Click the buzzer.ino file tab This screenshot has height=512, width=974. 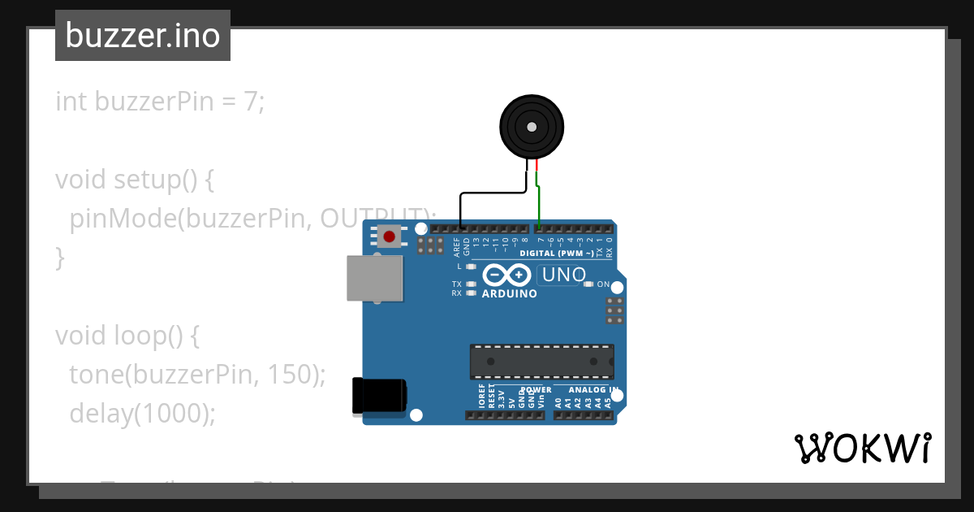[142, 36]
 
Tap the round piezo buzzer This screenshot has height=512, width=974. [532, 127]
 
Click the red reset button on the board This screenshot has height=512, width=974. [390, 237]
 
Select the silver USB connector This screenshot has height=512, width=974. [374, 279]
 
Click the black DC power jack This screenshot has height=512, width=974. [378, 397]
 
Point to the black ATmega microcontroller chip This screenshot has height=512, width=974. [541, 362]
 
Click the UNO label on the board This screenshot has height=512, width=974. [563, 276]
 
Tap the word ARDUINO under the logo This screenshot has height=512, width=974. [509, 293]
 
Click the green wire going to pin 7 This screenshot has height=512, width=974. [540, 207]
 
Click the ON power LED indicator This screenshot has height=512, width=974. [588, 284]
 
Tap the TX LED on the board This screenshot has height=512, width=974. [471, 284]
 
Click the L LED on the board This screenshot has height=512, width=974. [471, 267]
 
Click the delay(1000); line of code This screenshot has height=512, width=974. [142, 413]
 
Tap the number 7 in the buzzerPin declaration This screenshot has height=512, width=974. [251, 102]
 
